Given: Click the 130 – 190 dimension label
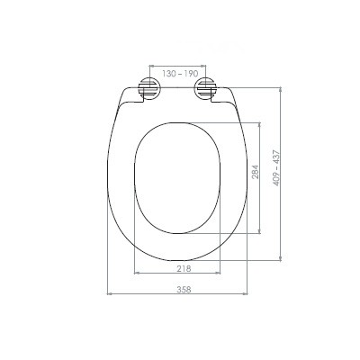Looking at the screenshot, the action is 180,74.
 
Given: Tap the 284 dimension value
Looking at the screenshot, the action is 255,172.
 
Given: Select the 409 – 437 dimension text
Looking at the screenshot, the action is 276,168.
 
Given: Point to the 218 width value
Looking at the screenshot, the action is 184,269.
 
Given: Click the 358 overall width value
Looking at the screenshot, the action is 184,290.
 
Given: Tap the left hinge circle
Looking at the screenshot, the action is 149,87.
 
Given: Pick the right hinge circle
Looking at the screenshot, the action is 205,87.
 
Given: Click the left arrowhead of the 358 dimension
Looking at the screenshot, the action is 110,294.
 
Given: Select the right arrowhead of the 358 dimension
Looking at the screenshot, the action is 245,294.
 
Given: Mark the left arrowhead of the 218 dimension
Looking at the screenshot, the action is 137,273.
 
